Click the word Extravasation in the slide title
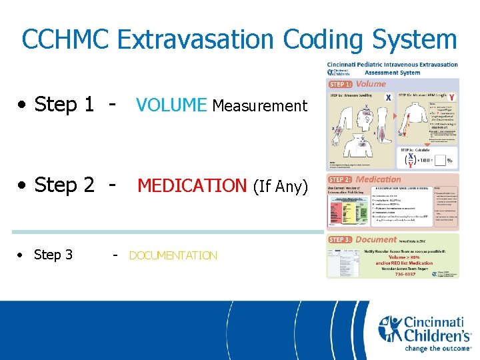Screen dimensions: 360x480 pyautogui.click(x=196, y=39)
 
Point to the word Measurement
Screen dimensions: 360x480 pyautogui.click(x=259, y=105)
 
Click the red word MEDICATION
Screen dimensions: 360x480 pyautogui.click(x=192, y=185)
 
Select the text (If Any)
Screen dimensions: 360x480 pyautogui.click(x=279, y=186)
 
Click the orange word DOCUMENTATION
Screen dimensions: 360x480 pyautogui.click(x=173, y=255)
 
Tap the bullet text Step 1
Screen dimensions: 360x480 pyautogui.click(x=64, y=105)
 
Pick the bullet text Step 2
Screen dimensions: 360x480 pyautogui.click(x=64, y=185)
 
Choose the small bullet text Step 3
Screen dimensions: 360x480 pyautogui.click(x=53, y=255)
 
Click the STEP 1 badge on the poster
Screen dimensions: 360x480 pyautogui.click(x=341, y=84)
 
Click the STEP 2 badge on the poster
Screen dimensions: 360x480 pyautogui.click(x=341, y=179)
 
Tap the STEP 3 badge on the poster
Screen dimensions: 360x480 pyautogui.click(x=341, y=239)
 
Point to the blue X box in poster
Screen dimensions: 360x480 pyautogui.click(x=388, y=97)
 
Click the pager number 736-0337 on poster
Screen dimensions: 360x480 pyautogui.click(x=399, y=273)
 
